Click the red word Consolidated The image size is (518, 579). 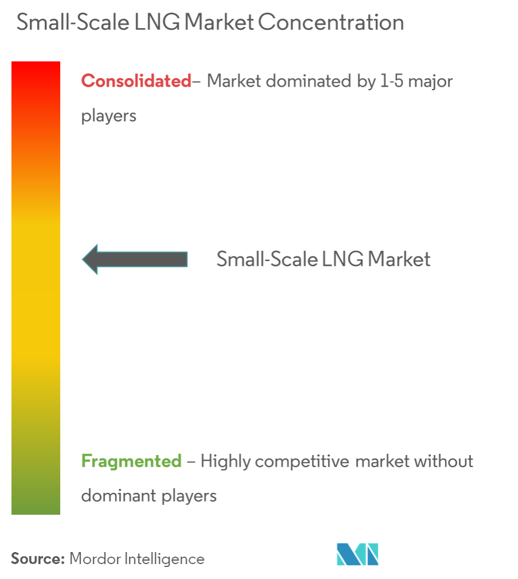click(136, 81)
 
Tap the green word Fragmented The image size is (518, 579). click(132, 461)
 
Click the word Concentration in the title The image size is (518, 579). click(331, 23)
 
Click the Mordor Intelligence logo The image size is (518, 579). click(358, 554)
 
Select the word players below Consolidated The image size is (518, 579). click(109, 116)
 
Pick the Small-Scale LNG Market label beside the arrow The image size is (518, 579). click(323, 259)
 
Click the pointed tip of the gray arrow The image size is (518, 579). click(84, 259)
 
